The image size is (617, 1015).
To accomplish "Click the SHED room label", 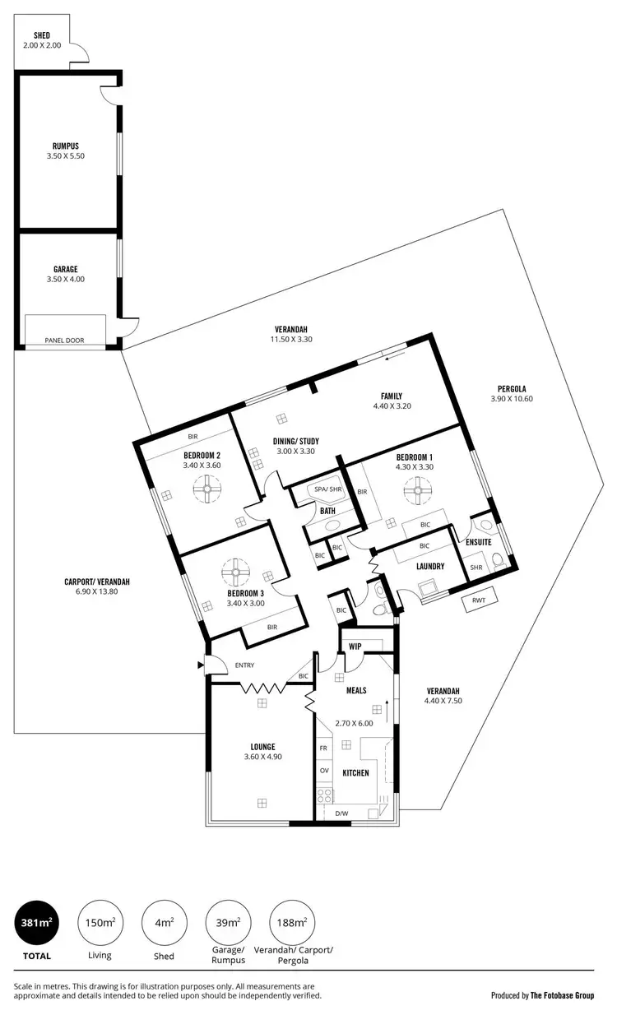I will [42, 36].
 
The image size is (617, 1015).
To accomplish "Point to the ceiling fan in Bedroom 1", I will [420, 494].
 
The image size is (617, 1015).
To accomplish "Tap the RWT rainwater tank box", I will [479, 601].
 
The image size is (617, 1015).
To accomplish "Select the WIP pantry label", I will [355, 647].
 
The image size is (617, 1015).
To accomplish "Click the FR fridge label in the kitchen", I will [324, 749].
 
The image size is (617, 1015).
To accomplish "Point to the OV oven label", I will [324, 771].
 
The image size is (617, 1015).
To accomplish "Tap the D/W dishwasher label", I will [341, 814].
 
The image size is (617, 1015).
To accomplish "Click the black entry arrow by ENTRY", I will [200, 665].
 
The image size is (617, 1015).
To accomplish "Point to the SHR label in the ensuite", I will [476, 568].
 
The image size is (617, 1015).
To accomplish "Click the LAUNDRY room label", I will [430, 566].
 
